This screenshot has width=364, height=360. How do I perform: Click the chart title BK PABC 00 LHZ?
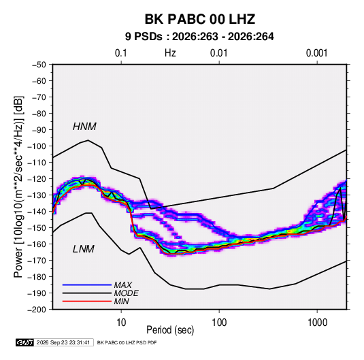(x=200, y=19)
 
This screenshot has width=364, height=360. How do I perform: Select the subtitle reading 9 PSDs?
(x=144, y=37)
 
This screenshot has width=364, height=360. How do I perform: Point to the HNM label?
(x=84, y=127)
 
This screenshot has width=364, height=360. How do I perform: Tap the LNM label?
(x=84, y=249)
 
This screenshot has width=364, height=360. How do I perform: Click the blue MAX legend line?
(x=87, y=285)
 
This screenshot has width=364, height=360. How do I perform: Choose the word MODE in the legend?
(x=127, y=293)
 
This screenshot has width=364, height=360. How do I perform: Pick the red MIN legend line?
(x=87, y=301)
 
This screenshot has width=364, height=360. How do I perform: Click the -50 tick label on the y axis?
(x=39, y=65)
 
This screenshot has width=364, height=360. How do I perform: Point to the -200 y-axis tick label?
(x=37, y=310)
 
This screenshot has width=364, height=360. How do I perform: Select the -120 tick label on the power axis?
(x=37, y=179)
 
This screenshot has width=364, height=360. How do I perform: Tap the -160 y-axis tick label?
(x=37, y=244)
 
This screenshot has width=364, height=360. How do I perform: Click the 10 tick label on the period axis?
(x=121, y=323)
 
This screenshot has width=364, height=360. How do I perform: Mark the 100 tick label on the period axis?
(x=219, y=323)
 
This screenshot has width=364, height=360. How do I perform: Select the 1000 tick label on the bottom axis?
(x=317, y=323)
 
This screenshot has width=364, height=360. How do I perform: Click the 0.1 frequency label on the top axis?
(x=121, y=53)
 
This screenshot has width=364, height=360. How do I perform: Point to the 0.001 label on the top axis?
(x=316, y=53)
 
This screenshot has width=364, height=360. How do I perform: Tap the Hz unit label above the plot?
(x=170, y=53)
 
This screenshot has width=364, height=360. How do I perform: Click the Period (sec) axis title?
(x=170, y=330)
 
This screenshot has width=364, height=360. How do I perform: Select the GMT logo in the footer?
(x=25, y=342)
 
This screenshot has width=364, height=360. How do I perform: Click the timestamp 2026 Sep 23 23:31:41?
(x=63, y=342)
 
